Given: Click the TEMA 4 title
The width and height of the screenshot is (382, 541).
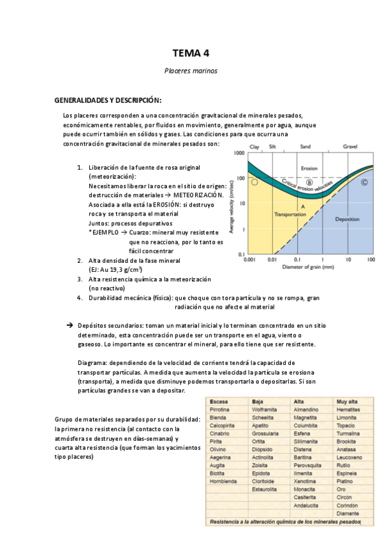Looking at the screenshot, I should click(191, 52).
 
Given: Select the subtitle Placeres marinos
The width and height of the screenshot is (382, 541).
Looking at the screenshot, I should click(191, 71).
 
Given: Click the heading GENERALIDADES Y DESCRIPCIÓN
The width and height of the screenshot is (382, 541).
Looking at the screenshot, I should click(108, 100).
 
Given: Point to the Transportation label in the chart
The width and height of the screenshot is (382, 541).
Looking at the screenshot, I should click(291, 215).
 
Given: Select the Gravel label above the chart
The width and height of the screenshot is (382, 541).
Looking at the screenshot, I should click(350, 147).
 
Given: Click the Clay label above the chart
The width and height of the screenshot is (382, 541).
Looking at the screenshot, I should click(254, 147).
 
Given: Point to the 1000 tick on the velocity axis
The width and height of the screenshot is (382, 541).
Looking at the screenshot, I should click(240, 154).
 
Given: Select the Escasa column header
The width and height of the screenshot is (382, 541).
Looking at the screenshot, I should click(220, 401).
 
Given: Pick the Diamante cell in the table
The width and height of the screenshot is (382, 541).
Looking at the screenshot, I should click(348, 513).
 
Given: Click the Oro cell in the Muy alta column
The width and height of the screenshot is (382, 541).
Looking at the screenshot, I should click(342, 489).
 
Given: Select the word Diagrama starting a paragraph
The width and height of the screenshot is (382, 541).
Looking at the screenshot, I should click(92, 362).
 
